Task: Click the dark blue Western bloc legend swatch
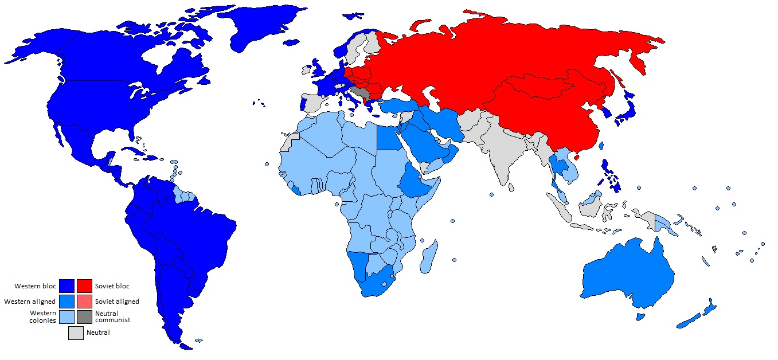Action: pos(68,285)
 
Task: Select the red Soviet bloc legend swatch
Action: pos(84,285)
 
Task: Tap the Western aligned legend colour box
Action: pos(68,301)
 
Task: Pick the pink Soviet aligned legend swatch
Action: pos(84,301)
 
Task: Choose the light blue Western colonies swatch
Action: pos(68,316)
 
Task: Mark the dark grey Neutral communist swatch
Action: pos(84,316)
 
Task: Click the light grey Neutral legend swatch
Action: pos(76,332)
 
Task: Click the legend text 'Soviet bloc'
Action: pos(112,285)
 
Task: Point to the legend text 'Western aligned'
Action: pos(30,302)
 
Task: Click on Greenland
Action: pos(252,29)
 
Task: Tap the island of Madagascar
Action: pos(429,258)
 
